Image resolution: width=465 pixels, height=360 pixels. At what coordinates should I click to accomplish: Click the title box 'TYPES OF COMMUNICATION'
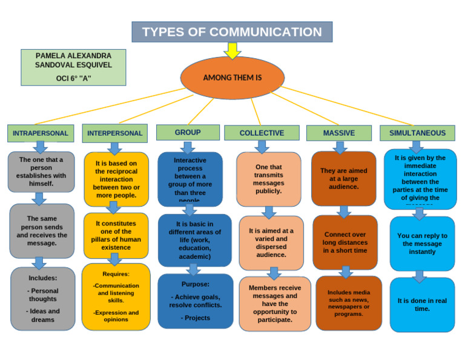point(232,32)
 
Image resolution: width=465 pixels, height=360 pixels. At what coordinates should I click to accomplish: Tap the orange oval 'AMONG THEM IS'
point(232,78)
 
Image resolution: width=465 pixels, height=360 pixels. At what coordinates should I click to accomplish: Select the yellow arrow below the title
point(232,51)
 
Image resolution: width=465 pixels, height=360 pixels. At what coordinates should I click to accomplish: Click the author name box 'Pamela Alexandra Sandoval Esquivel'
point(73,67)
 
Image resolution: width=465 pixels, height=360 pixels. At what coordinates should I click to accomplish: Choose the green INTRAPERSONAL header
point(41,133)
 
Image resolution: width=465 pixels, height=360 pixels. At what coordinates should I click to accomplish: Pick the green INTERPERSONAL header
point(115,133)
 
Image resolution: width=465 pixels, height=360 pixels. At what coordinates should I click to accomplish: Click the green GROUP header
point(188,132)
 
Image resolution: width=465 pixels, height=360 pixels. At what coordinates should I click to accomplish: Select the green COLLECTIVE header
point(262,133)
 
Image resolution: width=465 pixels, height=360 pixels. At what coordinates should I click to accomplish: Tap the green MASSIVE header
point(338,133)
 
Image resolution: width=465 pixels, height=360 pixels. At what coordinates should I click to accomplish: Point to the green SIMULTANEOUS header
point(417,133)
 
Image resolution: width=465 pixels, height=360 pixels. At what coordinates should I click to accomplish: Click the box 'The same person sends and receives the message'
point(42,231)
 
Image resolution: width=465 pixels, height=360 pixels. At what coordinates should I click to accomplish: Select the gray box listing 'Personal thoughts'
point(43,299)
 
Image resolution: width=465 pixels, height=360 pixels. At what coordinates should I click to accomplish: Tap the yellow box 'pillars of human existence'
point(116,235)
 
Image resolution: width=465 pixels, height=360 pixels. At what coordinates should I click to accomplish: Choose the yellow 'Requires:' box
point(116,296)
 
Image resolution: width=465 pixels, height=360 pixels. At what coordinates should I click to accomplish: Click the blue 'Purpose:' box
point(195,301)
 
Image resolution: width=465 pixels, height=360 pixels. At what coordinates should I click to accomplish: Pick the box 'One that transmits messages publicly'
point(268,179)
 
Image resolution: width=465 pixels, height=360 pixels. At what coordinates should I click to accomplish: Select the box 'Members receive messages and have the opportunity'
point(275,304)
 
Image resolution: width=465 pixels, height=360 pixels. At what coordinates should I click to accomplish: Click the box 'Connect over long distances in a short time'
point(345,242)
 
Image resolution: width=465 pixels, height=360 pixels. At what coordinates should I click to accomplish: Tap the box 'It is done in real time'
point(422,304)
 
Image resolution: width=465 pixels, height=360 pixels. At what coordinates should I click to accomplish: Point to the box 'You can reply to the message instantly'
point(422,244)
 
